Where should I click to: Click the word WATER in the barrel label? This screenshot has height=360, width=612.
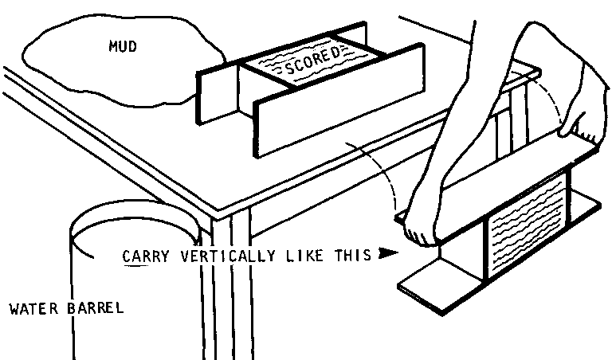click(x=32, y=308)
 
